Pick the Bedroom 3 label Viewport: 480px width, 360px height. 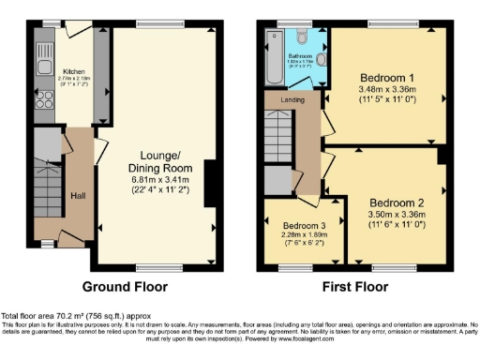[304, 225]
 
